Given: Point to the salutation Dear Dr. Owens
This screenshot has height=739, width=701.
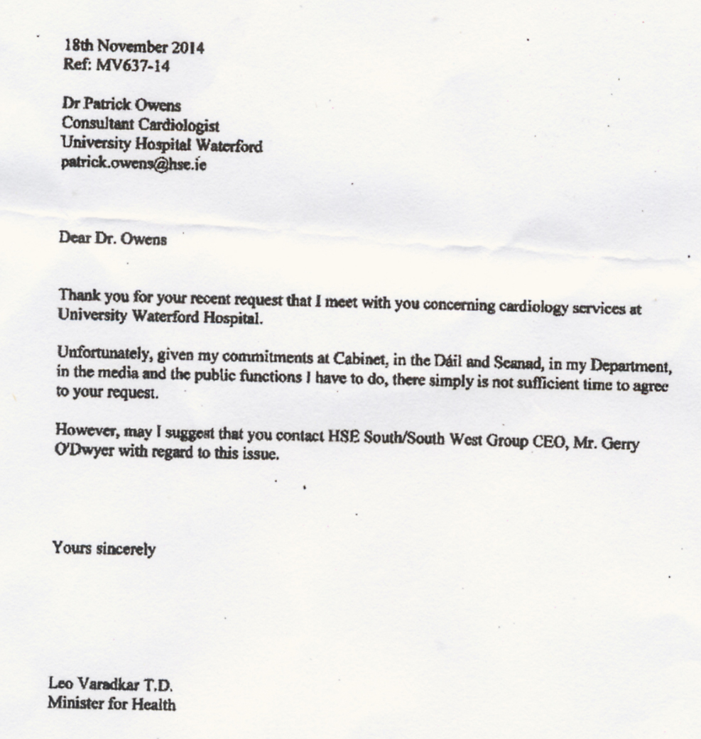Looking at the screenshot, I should click(113, 239).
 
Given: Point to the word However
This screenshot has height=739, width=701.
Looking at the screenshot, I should click(83, 432).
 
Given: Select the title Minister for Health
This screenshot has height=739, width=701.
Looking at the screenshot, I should click(112, 704).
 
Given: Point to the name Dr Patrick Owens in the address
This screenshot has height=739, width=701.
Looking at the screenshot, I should click(121, 106).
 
